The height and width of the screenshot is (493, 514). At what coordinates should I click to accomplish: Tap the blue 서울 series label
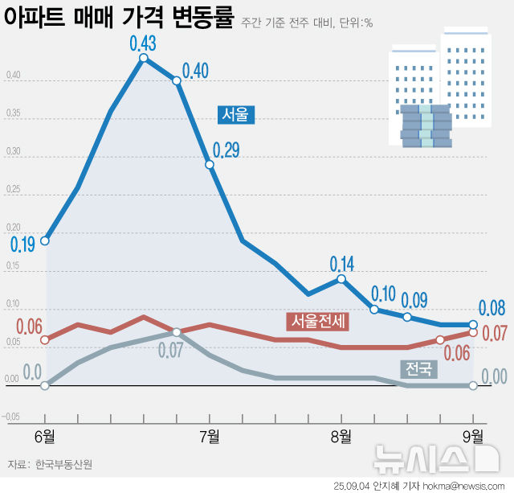pos(235,115)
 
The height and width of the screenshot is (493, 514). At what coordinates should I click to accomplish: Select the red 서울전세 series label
pos(318,322)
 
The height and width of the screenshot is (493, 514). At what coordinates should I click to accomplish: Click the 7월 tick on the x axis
pos(210,436)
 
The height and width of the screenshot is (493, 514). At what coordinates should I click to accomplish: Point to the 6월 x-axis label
pos(45,436)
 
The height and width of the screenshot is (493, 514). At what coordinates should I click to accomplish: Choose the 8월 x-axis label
pos(341,436)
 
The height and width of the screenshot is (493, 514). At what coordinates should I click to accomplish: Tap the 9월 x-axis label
pos(473,436)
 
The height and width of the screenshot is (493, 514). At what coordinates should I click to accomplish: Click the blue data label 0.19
pos(22,244)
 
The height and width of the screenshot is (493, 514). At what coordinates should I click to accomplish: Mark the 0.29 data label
pos(226,150)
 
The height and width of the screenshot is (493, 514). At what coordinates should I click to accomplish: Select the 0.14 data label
pos(342,263)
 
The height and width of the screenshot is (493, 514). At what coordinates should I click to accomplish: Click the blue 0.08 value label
pos(492,308)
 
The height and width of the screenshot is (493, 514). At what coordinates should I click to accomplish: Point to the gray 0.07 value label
pos(171,350)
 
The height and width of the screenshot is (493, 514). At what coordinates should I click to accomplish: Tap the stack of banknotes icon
pos(426,126)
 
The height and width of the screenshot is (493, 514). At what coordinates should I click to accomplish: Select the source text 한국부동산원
pos(63,464)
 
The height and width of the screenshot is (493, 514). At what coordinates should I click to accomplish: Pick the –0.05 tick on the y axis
pos(11,417)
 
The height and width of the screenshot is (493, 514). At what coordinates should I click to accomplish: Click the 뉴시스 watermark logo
pos(434,459)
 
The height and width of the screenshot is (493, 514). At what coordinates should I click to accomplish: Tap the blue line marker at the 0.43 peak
pos(144,58)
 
